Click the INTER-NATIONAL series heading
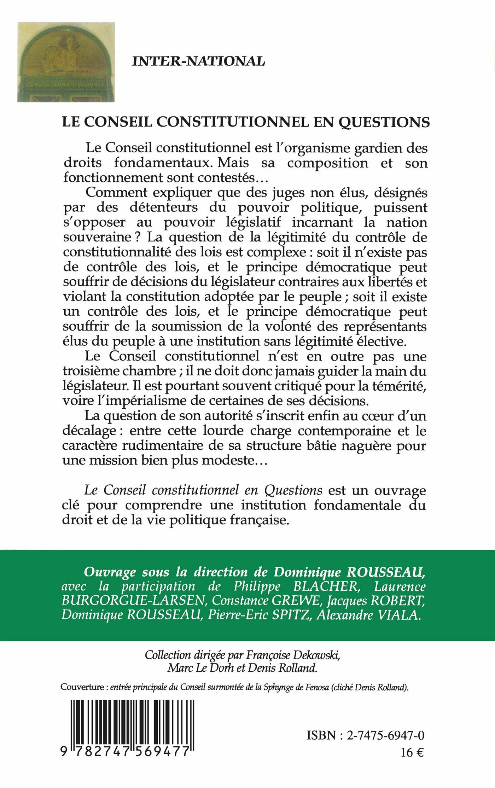pyautogui.click(x=198, y=62)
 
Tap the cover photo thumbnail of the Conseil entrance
pyautogui.click(x=66, y=62)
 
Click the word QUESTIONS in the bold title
pyautogui.click(x=384, y=122)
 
